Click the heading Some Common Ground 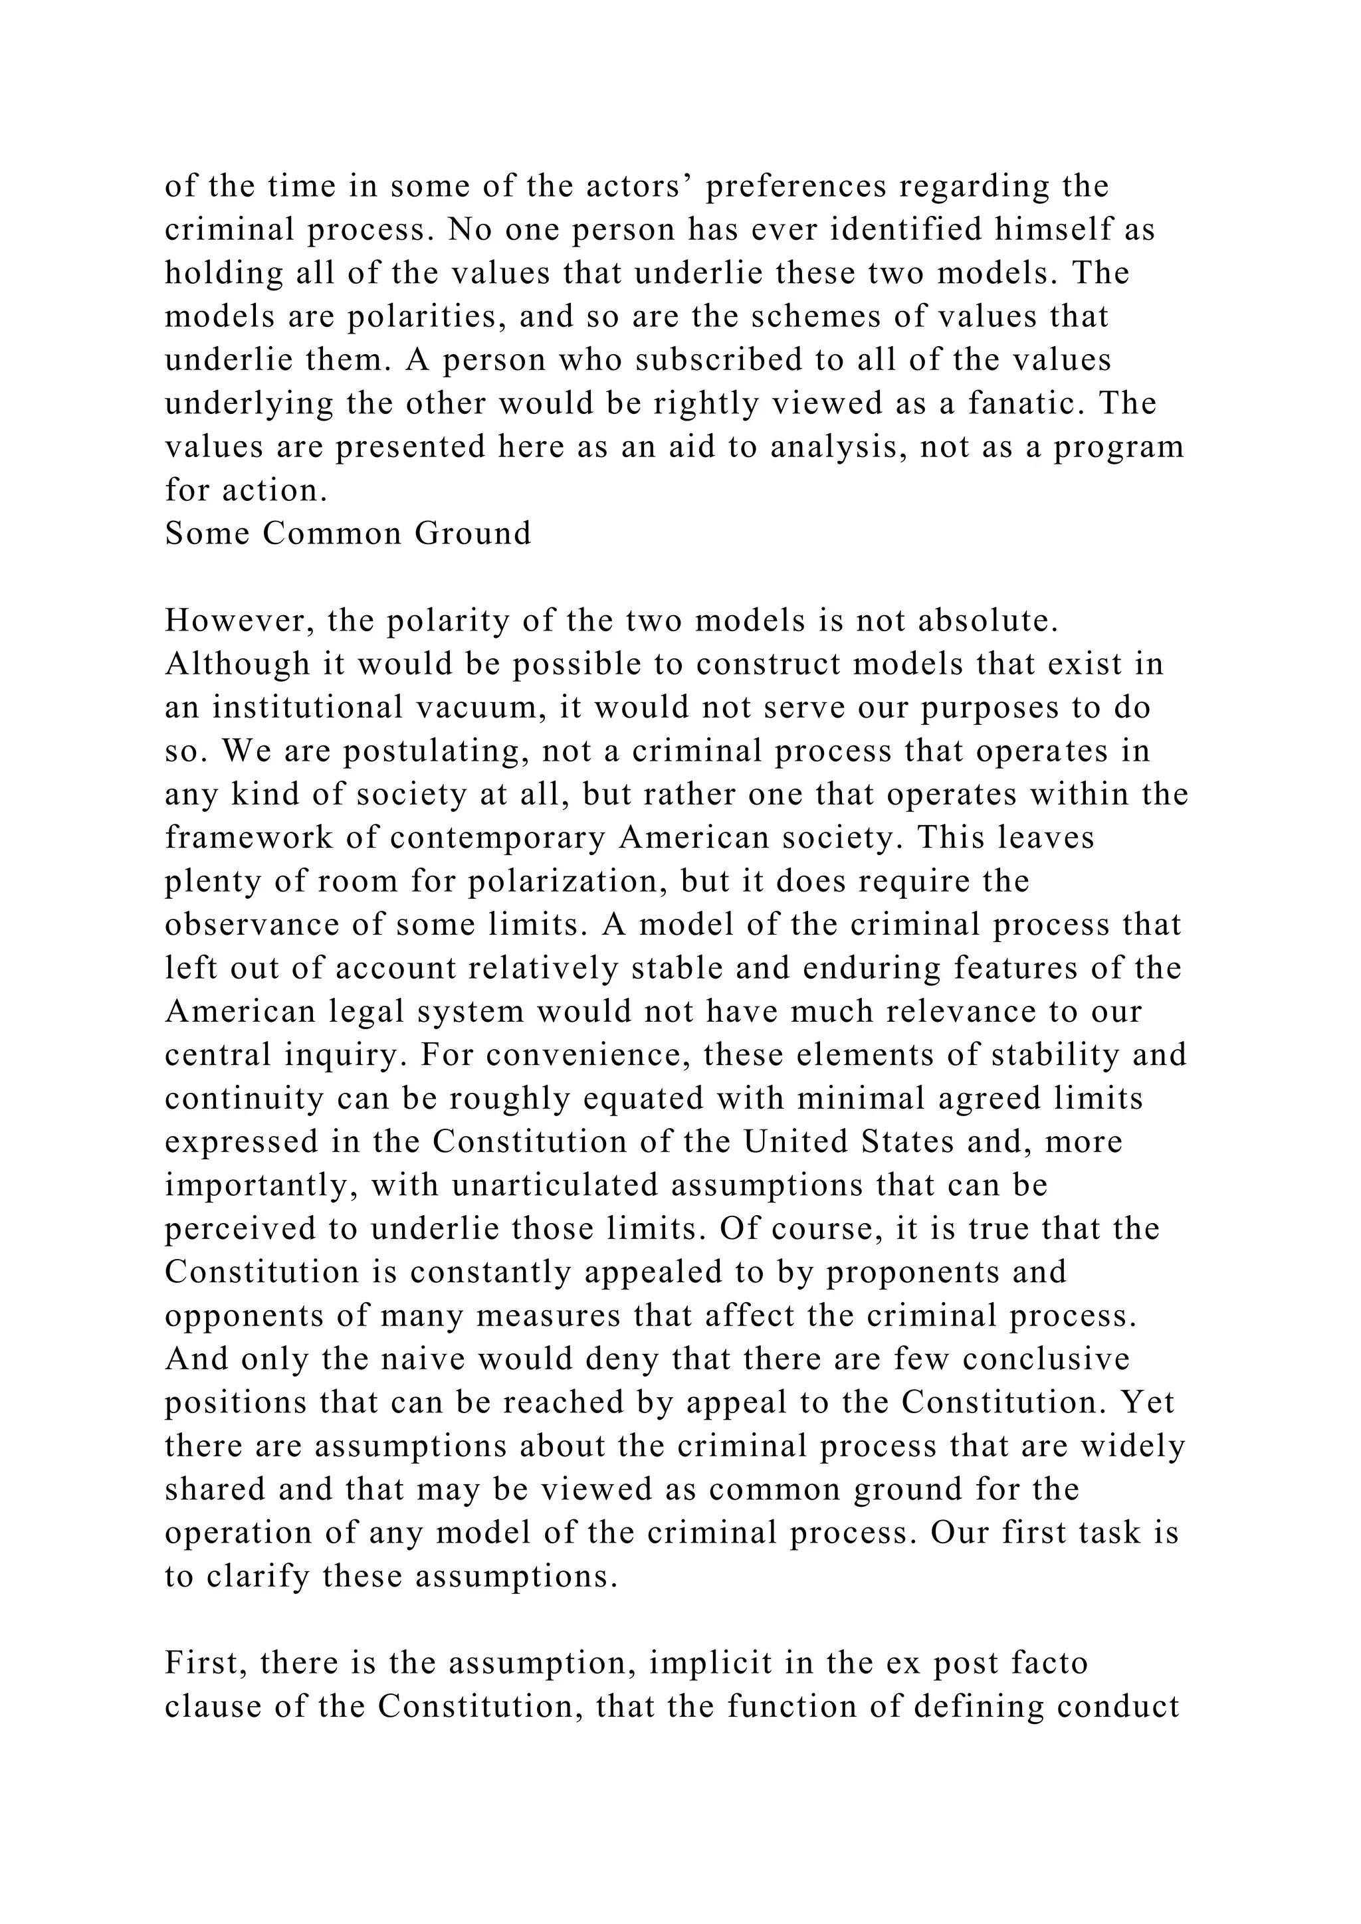[348, 533]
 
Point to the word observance [251, 925]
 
